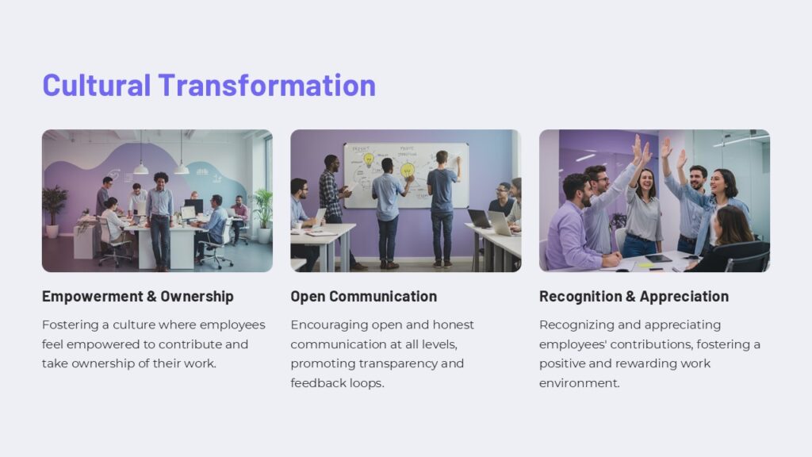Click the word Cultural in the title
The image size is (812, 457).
[x=96, y=85]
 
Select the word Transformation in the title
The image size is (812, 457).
[x=266, y=85]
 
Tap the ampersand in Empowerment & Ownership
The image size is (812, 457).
[x=151, y=297]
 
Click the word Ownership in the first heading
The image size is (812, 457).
[x=197, y=297]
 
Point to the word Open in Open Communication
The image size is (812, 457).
[x=308, y=297]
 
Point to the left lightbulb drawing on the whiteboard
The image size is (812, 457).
[x=368, y=159]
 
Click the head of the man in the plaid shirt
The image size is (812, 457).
[x=330, y=161]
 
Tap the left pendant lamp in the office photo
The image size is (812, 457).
[x=141, y=167]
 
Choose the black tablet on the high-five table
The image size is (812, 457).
[x=658, y=258]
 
